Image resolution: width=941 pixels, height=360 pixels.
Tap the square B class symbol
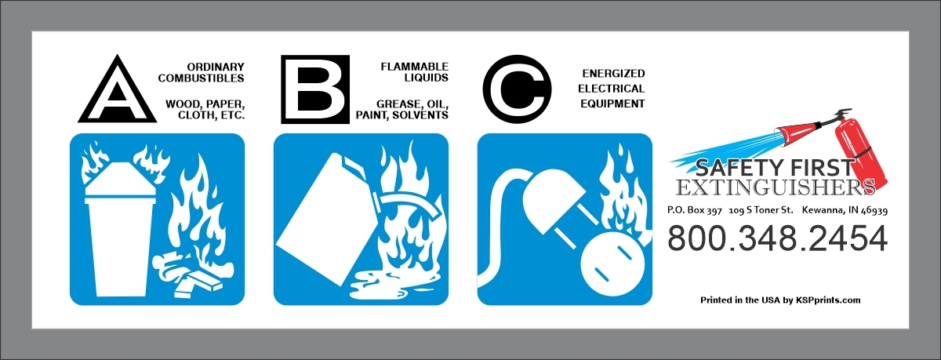point(315,89)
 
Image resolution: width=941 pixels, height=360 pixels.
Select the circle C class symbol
point(517,89)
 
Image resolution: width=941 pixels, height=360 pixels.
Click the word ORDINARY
point(216,67)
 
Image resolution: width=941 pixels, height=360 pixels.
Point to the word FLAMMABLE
point(415,67)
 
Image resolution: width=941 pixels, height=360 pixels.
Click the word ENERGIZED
point(613,74)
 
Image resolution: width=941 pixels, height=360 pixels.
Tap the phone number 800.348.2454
point(778,238)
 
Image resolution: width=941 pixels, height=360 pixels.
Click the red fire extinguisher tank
point(861,153)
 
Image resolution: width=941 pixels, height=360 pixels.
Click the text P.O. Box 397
point(695,210)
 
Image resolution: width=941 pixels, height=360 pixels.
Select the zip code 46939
point(874,210)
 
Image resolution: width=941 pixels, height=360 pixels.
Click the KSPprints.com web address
point(828,300)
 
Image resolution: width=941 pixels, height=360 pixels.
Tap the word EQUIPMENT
point(612,104)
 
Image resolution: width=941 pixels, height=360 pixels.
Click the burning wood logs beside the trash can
point(193,273)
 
